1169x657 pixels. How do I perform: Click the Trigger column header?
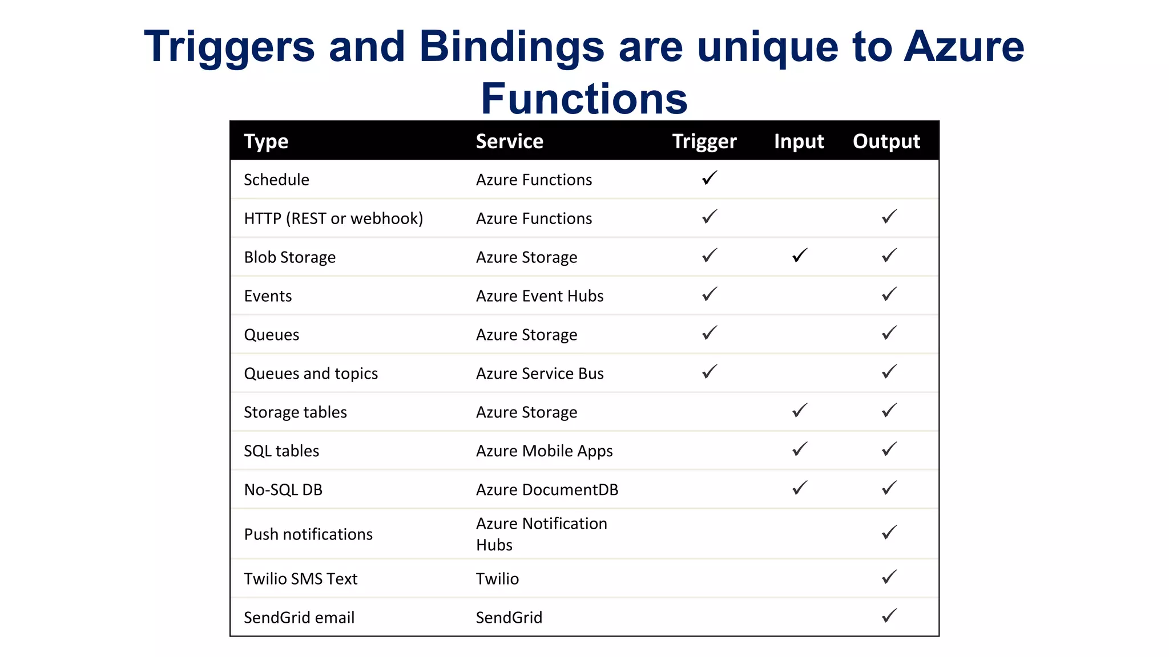pos(704,141)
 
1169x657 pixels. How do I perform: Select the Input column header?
pos(799,141)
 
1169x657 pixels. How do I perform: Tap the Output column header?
pos(886,141)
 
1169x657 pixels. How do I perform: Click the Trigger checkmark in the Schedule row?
pos(710,179)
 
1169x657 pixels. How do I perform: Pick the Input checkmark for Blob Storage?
pos(800,255)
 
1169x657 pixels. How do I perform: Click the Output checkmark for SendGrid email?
pos(889,616)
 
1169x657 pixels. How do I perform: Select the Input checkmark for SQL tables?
pos(800,449)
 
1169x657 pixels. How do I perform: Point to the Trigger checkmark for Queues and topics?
pos(710,372)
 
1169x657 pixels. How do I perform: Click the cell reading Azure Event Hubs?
pos(539,296)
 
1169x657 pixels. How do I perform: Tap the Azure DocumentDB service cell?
pos(547,490)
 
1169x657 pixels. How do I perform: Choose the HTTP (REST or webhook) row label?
pos(333,218)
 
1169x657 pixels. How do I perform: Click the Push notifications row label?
pos(308,534)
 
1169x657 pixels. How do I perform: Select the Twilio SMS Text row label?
pos(300,579)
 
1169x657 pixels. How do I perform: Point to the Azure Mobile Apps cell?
pos(544,451)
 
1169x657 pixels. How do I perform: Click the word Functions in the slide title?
pos(584,99)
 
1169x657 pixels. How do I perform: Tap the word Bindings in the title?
pos(511,46)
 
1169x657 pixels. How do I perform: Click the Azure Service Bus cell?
pos(539,374)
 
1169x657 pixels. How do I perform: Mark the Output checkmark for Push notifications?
pos(889,533)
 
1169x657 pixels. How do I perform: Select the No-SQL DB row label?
pos(283,490)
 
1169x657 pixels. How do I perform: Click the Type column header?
pos(266,141)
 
